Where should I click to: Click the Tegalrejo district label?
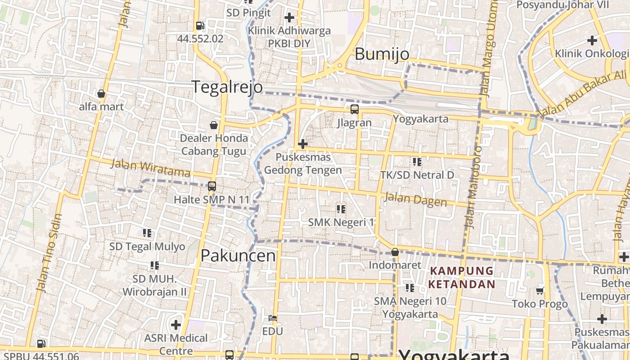point(227,86)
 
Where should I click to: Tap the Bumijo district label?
point(382,54)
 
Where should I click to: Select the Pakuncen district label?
point(238,256)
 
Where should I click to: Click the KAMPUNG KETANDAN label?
point(462,278)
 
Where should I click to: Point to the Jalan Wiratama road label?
point(150,168)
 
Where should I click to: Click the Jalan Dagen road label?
point(415,199)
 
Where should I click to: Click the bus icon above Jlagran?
point(355,109)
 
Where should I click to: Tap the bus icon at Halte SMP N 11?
point(211,186)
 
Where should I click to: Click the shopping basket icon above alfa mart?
point(101,94)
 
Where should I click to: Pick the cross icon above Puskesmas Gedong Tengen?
point(303,144)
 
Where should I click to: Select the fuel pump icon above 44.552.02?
point(200,26)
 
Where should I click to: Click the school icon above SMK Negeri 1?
point(341,209)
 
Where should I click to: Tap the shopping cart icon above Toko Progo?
point(540,291)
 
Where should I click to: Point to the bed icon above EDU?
point(272,318)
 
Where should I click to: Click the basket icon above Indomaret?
point(395,252)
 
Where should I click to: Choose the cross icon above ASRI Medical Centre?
point(176,324)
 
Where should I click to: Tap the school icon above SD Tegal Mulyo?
point(147,233)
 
